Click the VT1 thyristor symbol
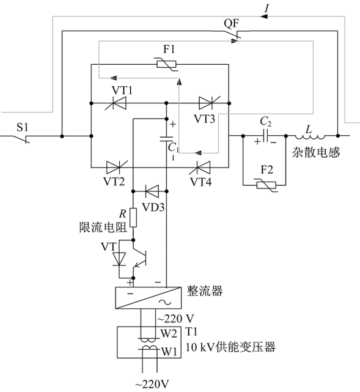click(116, 103)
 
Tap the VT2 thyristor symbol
click(116, 167)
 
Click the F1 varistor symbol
click(166, 64)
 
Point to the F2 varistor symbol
click(266, 185)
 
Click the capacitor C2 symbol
click(265, 136)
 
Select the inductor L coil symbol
click(310, 136)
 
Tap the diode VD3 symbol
click(152, 191)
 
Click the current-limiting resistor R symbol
click(133, 217)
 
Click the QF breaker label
click(231, 23)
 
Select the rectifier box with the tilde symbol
click(148, 297)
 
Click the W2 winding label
click(169, 333)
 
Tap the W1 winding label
click(169, 352)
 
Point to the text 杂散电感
click(316, 152)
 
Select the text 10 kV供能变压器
click(230, 347)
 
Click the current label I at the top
click(267, 9)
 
